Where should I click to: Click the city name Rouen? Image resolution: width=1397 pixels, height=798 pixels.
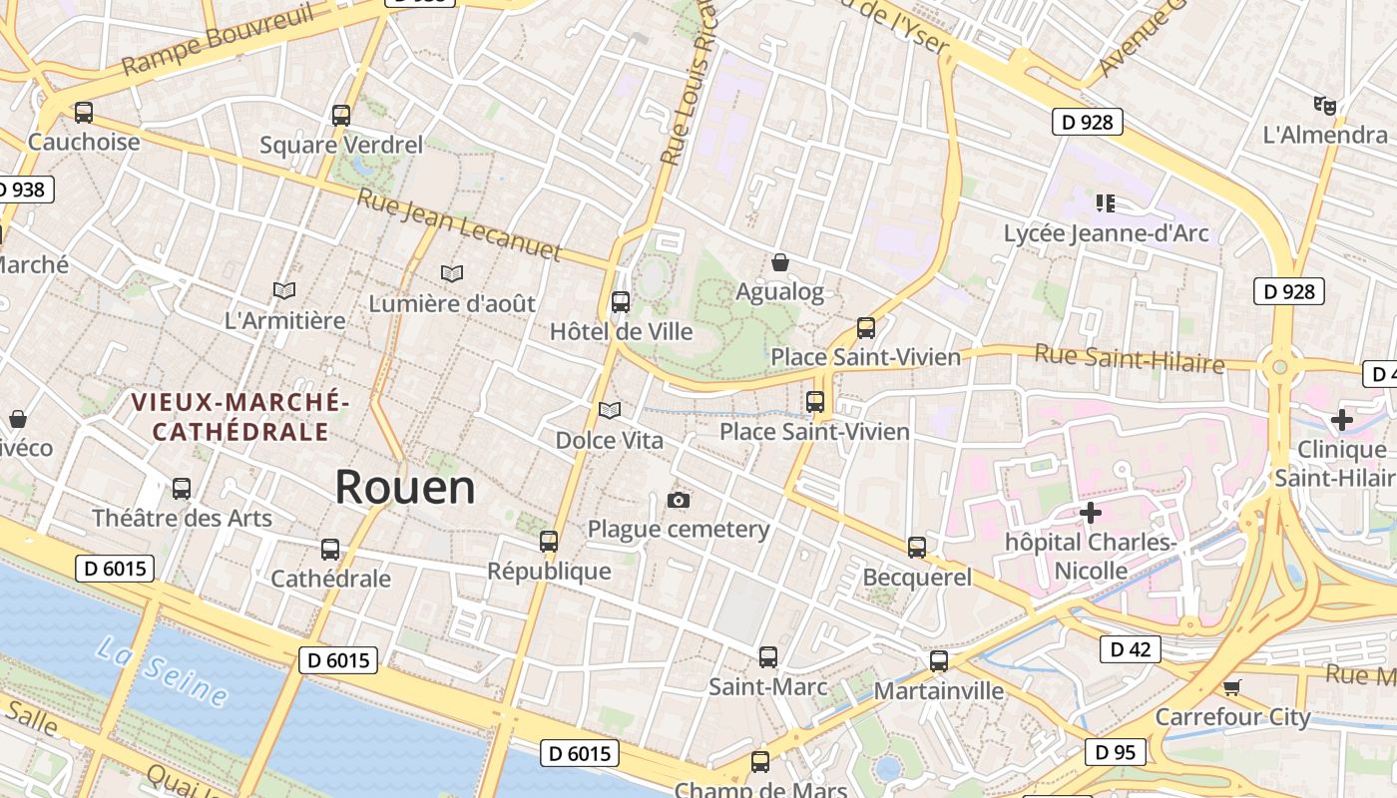[x=404, y=487]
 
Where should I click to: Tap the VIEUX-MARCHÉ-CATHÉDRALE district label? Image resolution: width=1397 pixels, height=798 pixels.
[x=239, y=417]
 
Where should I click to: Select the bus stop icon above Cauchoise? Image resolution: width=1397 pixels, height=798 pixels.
[x=84, y=113]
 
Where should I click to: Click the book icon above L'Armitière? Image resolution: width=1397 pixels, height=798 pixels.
[x=284, y=290]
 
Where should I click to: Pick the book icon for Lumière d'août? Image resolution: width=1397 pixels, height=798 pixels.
[x=452, y=273]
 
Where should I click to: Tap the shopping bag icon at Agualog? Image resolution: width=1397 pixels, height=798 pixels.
[x=780, y=262]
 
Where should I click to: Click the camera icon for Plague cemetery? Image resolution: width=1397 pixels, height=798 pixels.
[x=679, y=500]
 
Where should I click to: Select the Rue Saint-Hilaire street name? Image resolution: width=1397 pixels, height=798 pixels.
[x=1129, y=357]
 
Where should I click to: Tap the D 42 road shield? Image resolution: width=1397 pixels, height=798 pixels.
[x=1130, y=649]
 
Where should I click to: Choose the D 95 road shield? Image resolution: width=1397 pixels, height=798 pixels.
[x=1115, y=752]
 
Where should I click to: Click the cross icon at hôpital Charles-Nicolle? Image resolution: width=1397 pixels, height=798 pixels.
[x=1091, y=514]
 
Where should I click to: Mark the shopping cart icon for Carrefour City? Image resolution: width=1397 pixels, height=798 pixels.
[x=1232, y=687]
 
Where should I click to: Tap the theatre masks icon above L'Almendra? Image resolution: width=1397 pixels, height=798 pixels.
[x=1325, y=105]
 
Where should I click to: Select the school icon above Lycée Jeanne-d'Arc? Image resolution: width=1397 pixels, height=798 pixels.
[x=1105, y=203]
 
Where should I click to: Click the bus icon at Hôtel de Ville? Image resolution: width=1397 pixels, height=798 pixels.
[x=621, y=301]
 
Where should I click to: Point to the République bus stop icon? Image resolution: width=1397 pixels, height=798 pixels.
[x=549, y=542]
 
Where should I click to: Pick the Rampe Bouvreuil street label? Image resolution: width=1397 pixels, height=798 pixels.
[x=218, y=40]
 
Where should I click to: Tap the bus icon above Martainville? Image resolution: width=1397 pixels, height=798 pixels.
[x=939, y=661]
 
